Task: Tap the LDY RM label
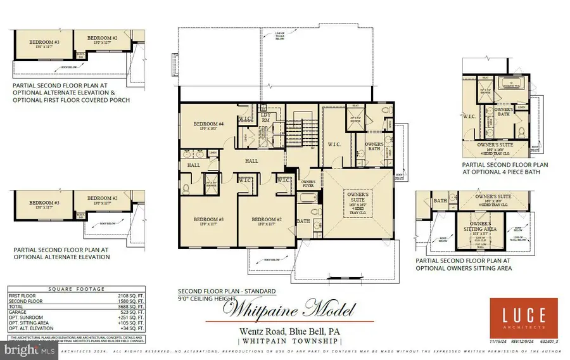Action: point(266,117)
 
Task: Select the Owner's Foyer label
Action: point(308,184)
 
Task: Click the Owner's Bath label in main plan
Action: point(374,147)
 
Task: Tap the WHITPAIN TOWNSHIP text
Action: point(287,341)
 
